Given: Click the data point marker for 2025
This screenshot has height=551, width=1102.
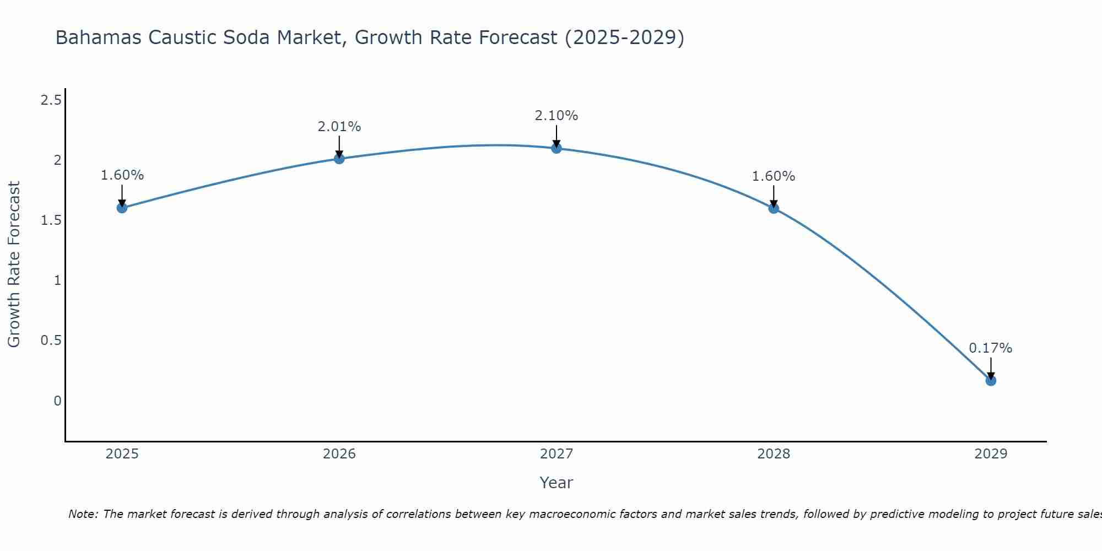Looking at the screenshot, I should click(122, 208).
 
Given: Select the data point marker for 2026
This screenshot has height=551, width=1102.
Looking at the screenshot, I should click(339, 159).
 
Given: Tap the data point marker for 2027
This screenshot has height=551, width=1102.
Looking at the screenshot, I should click(556, 148).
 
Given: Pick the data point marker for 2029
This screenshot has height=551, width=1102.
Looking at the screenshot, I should click(990, 380).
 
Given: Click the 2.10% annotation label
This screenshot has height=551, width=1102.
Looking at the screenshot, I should click(556, 116).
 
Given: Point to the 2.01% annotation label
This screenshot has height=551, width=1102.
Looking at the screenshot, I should click(339, 127).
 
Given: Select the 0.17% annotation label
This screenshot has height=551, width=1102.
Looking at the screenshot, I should click(990, 348).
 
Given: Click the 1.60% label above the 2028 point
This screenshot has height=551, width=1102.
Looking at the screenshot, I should click(773, 176).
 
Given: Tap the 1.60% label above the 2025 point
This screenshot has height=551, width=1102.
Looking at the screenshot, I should click(122, 175).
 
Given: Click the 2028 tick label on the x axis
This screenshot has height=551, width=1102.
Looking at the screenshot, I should click(773, 454).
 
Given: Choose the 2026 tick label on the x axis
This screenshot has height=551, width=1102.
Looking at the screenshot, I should click(339, 454).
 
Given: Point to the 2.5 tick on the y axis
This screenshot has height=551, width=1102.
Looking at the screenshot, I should click(51, 100).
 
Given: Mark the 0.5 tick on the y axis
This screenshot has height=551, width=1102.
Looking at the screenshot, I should click(51, 341).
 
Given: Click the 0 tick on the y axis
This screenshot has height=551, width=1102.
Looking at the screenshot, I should click(57, 401).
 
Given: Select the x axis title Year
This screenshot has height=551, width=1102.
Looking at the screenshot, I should click(556, 483).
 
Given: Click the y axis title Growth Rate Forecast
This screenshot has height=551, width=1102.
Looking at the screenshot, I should click(14, 264).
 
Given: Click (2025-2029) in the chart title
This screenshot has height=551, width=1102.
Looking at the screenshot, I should click(624, 37).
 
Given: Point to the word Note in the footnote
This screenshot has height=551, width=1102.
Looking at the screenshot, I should click(83, 514).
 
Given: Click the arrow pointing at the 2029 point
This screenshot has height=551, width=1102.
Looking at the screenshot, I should click(990, 368).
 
